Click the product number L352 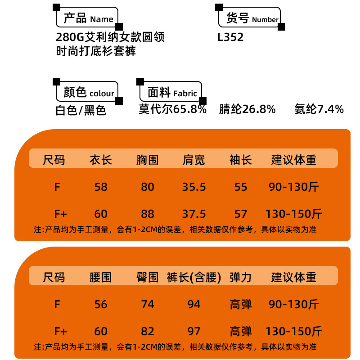[x=230, y=37]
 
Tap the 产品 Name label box [x=87, y=18]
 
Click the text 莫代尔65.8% [x=173, y=109]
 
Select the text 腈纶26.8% [x=247, y=109]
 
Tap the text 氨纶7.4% [x=319, y=109]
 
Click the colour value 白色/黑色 [x=81, y=110]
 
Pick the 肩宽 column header [x=194, y=160]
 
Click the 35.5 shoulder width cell [x=194, y=187]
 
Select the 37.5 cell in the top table [x=194, y=213]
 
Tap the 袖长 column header [x=241, y=160]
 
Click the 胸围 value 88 [x=148, y=213]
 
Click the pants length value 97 [x=194, y=332]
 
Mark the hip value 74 [x=148, y=305]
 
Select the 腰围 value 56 [x=101, y=305]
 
